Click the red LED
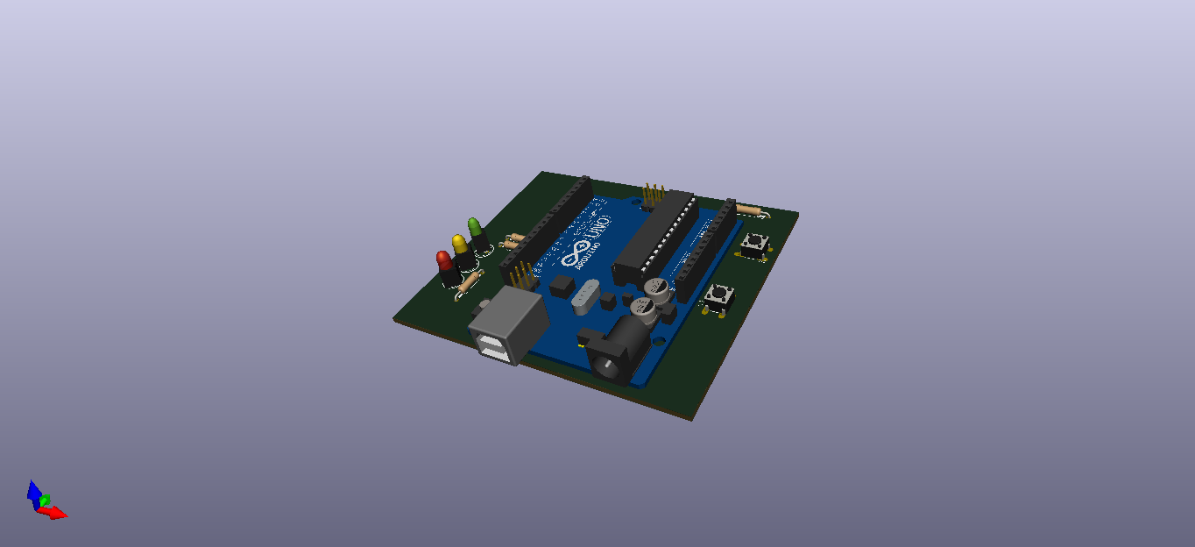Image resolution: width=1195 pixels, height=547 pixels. pos(444,262)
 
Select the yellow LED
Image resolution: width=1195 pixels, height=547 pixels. pos(459,245)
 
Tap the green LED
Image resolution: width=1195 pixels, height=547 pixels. pos(474,229)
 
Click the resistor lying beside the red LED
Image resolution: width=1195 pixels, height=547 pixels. pos(470,281)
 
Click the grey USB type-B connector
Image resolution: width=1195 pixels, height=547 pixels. pos(507,327)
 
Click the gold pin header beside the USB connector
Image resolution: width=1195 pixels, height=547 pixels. pos(523,276)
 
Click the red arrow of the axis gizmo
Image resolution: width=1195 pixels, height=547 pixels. pos(56,513)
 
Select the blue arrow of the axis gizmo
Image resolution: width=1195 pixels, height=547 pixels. pos(33,492)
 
